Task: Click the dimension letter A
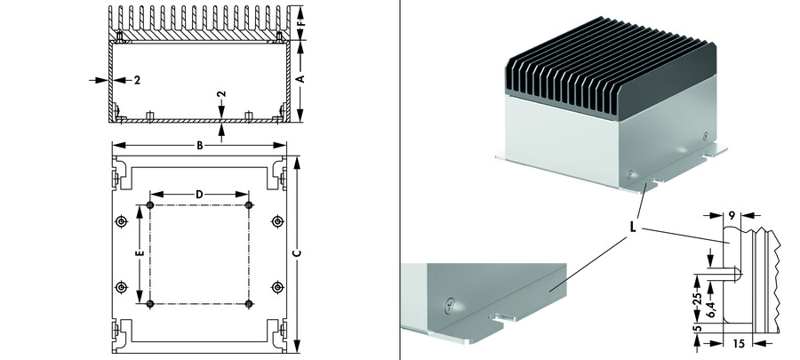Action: [300, 78]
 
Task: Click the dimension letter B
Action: [200, 145]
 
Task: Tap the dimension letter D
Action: [199, 193]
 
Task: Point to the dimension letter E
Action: [140, 254]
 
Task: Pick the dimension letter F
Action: [300, 17]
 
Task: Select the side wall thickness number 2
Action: [138, 80]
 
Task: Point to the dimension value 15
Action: [740, 342]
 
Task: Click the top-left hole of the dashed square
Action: [149, 206]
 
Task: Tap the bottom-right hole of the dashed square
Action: [249, 304]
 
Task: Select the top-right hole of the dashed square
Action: [249, 206]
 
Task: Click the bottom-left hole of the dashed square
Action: [149, 304]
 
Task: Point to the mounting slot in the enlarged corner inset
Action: [501, 316]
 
